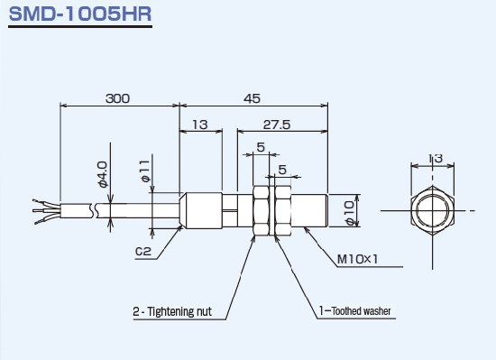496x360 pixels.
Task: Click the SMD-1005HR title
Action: point(80,14)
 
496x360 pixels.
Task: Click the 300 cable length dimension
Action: point(117,98)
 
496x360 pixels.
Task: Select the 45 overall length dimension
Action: point(252,98)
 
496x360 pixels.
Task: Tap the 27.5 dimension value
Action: point(277,125)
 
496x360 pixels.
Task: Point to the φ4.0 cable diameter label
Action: point(103,174)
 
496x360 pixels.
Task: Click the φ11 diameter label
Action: point(145,171)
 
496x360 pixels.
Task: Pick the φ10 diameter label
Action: point(350,213)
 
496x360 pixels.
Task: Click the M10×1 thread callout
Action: point(357,260)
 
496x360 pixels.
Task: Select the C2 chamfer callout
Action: point(143,252)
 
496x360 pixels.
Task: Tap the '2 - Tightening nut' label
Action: point(172,311)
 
